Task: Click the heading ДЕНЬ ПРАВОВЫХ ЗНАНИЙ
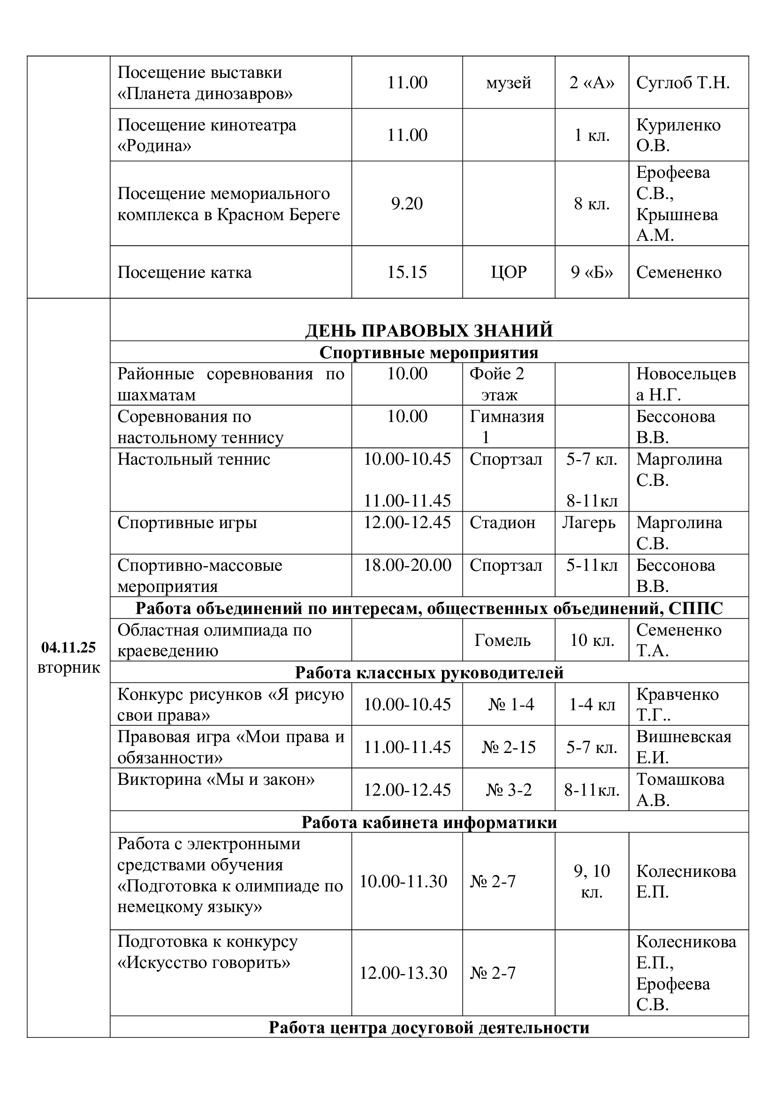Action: (429, 330)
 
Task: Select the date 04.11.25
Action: (68, 647)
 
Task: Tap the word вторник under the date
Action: (68, 668)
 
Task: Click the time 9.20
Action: (407, 204)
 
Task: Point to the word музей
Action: (509, 83)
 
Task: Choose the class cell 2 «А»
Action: (592, 83)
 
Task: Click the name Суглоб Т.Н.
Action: (683, 83)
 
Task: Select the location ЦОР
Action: (509, 272)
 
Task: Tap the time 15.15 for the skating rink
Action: (407, 272)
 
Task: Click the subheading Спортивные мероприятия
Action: (429, 353)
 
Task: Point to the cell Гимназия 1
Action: (507, 427)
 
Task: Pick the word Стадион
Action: (502, 522)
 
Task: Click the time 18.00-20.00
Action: (407, 565)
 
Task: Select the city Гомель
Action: (502, 640)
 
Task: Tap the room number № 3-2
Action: (509, 790)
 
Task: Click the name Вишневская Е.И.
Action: (683, 747)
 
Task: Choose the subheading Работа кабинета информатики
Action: (429, 822)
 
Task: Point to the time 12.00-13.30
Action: (403, 973)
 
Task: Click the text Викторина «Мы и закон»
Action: (216, 780)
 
